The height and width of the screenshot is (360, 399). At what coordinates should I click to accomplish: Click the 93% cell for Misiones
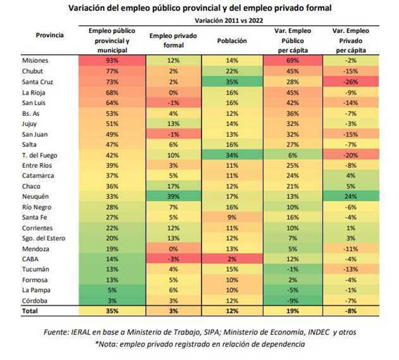(112, 61)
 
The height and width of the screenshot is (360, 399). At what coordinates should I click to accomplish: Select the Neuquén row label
(35, 197)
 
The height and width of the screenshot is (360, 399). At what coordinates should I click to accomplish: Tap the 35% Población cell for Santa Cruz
(232, 81)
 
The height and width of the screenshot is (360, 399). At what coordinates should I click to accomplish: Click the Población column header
(232, 41)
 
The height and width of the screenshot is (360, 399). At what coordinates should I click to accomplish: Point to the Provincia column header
(50, 35)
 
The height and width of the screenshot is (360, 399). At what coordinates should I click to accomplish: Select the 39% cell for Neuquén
(173, 197)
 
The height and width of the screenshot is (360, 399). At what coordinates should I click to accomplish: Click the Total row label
(30, 311)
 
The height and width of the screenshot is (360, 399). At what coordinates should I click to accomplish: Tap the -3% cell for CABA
(173, 259)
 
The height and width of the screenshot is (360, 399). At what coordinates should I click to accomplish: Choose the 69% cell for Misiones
(292, 61)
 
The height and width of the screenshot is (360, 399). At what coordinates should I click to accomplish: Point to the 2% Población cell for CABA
(232, 259)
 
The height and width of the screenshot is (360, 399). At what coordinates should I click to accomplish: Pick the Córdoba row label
(35, 301)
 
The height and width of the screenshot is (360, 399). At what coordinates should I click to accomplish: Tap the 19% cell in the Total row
(292, 311)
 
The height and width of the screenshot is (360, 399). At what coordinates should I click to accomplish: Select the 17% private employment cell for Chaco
(173, 186)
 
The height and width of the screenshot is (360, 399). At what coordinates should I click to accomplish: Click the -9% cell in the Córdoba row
(292, 301)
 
